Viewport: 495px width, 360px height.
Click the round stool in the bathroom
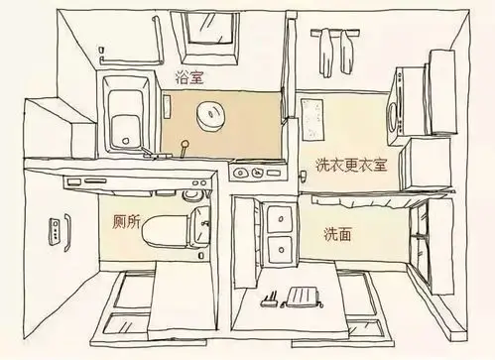[x=211, y=114]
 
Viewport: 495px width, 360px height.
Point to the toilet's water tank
[x=198, y=227]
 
